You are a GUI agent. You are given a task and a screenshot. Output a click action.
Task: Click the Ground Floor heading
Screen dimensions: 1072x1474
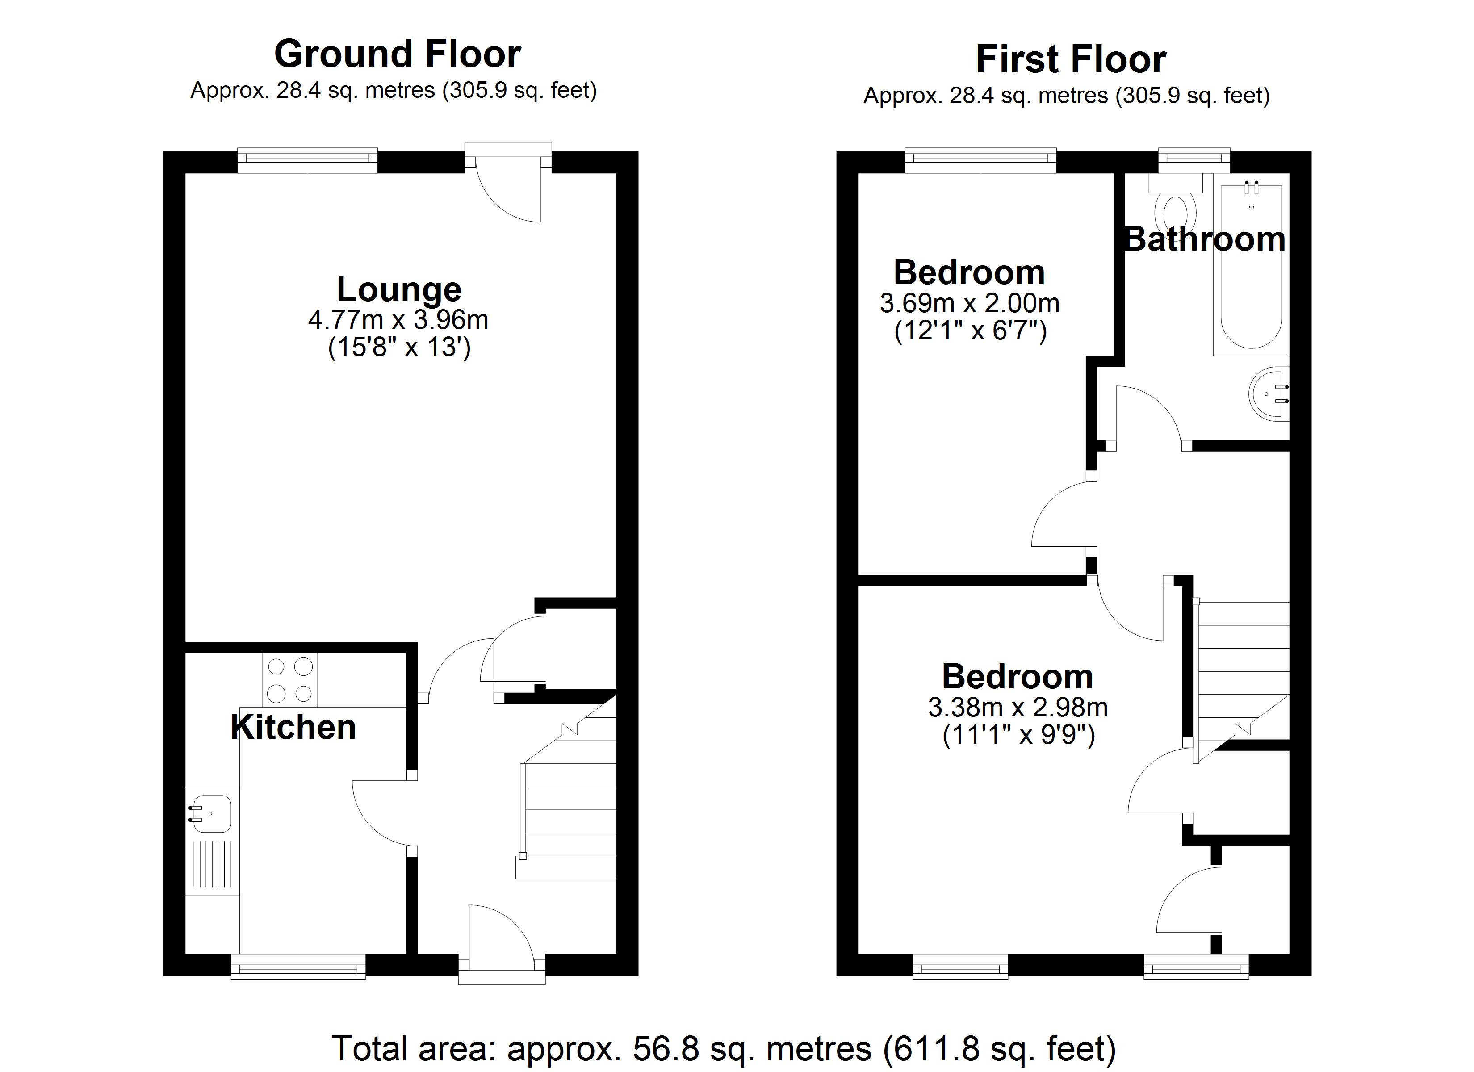click(x=397, y=54)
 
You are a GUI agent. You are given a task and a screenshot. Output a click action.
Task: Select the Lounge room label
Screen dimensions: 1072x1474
click(x=398, y=289)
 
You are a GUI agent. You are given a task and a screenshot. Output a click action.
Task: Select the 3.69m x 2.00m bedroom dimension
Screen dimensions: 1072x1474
click(x=969, y=304)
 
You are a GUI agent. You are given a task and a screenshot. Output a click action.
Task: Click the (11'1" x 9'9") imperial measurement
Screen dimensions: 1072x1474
click(x=1018, y=735)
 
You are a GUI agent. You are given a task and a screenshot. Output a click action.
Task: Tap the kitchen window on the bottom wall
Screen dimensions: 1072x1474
click(x=298, y=966)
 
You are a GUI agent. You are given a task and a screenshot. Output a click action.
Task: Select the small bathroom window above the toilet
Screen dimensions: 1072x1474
click(x=1194, y=159)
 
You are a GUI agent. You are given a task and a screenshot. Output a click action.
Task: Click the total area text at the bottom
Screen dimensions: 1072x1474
click(x=723, y=1048)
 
